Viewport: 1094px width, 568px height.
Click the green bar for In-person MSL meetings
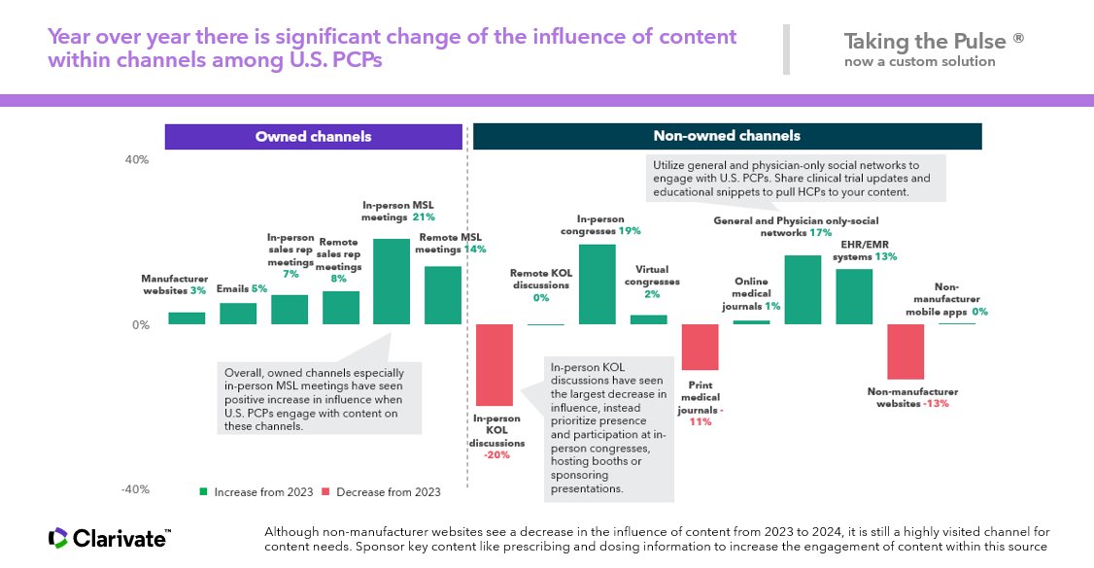pyautogui.click(x=392, y=282)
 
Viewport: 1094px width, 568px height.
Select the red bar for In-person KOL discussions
pyautogui.click(x=495, y=364)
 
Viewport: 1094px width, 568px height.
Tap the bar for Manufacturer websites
pyautogui.click(x=186, y=317)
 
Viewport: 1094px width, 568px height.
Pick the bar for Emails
pyautogui.click(x=238, y=314)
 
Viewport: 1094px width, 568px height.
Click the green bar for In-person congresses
pyautogui.click(x=598, y=284)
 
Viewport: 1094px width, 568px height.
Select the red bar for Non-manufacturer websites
pyautogui.click(x=906, y=351)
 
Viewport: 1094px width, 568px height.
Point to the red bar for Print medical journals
pyautogui.click(x=700, y=347)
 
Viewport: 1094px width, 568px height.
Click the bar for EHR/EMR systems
pyautogui.click(x=854, y=296)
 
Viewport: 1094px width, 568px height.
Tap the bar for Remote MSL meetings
pyautogui.click(x=443, y=295)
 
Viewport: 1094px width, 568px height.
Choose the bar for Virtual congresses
pyautogui.click(x=649, y=319)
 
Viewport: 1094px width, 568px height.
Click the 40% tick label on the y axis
pyautogui.click(x=136, y=160)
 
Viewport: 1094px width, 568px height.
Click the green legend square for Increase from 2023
pyautogui.click(x=204, y=492)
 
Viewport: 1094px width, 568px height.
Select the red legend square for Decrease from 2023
pyautogui.click(x=326, y=492)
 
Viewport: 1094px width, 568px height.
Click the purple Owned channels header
pyautogui.click(x=313, y=137)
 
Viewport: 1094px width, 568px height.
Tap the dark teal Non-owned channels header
pyautogui.click(x=727, y=137)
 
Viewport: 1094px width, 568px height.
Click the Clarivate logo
pyautogui.click(x=109, y=538)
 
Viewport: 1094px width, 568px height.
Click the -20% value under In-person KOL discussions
pyautogui.click(x=497, y=455)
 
